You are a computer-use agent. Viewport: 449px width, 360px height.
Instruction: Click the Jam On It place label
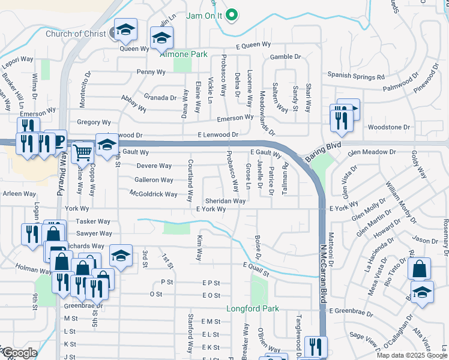[204, 16]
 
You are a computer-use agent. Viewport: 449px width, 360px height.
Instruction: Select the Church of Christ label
[76, 34]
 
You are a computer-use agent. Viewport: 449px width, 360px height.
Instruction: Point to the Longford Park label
[253, 310]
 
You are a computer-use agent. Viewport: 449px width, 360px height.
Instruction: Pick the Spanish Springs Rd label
[355, 77]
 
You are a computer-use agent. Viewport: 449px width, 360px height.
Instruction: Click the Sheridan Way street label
[225, 201]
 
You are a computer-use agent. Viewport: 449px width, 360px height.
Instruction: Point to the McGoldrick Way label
[154, 194]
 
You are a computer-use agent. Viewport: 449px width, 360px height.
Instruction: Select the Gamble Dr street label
[285, 56]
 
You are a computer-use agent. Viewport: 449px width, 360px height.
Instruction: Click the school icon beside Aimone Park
[161, 38]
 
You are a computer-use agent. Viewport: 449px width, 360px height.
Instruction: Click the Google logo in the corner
[19, 353]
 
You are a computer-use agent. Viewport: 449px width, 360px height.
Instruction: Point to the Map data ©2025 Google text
[412, 355]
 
